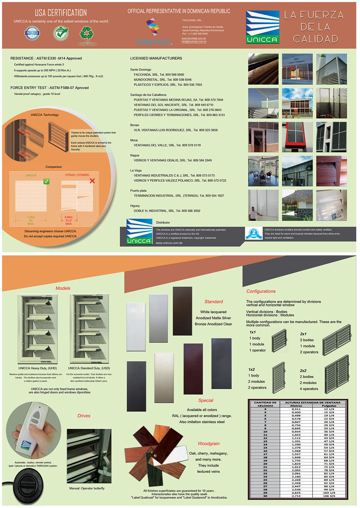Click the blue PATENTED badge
click(32, 33)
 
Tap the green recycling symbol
click(86, 33)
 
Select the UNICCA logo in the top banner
click(262, 27)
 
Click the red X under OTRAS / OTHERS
click(92, 181)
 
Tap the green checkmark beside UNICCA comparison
click(46, 182)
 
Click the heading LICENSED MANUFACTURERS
click(156, 58)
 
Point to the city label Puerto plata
click(138, 191)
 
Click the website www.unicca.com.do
click(169, 243)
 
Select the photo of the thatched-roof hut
click(297, 205)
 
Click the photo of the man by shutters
click(263, 205)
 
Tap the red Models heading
click(63, 288)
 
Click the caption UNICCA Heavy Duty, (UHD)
click(38, 368)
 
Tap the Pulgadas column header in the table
click(329, 406)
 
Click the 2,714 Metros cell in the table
click(296, 496)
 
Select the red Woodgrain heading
click(208, 444)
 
